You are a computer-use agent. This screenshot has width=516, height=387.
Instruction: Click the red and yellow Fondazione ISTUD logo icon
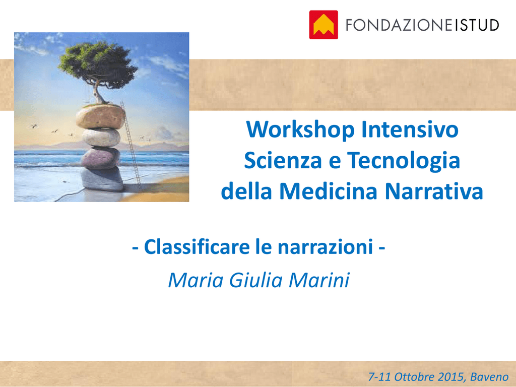point(324,25)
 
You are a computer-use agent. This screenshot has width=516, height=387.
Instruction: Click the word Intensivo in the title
point(410,130)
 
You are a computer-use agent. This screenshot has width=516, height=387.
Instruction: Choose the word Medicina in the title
point(328,191)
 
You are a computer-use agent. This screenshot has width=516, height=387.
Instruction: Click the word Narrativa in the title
point(434,191)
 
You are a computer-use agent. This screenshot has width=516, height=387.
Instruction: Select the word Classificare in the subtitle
point(197,247)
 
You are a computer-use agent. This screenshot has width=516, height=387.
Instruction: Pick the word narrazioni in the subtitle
point(325,247)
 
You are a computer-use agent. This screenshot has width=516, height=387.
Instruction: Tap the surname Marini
point(319,280)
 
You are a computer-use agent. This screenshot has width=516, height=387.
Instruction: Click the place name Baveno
point(489,377)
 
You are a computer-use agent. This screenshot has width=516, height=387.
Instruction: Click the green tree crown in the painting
point(98,64)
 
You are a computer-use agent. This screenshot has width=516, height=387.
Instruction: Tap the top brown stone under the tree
point(101,116)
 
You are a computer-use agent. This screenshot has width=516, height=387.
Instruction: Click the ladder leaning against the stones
point(131,145)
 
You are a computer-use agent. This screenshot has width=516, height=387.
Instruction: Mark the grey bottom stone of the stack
point(102,179)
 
